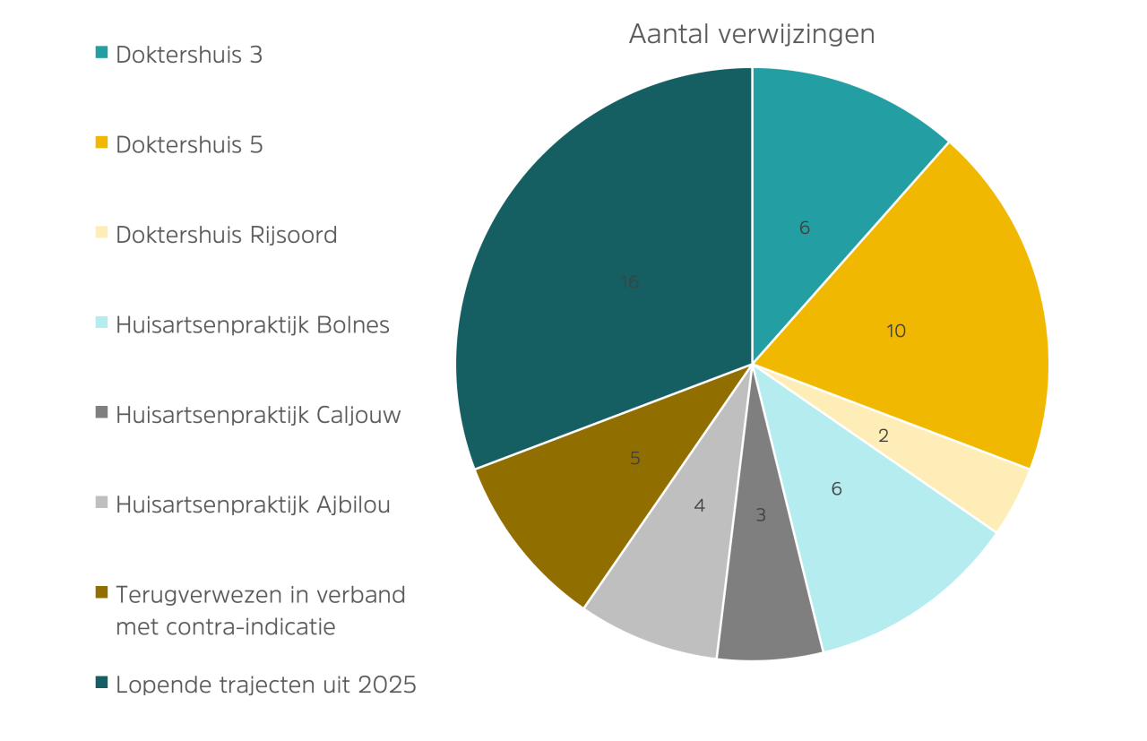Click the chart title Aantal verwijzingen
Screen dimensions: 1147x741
(x=752, y=35)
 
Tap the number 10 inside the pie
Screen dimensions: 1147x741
(x=896, y=331)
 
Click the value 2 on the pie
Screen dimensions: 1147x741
(x=884, y=435)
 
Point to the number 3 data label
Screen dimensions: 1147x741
(x=761, y=515)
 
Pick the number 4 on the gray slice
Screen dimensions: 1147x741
(x=700, y=506)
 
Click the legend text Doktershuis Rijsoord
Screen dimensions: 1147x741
(x=227, y=235)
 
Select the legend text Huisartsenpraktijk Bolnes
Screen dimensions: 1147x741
(x=253, y=325)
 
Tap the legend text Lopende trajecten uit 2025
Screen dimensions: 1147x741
(x=266, y=685)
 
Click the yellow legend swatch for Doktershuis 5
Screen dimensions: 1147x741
(x=101, y=142)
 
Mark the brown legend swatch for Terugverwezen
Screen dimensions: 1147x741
(x=101, y=592)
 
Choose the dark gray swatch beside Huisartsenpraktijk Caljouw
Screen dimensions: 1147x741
(x=101, y=412)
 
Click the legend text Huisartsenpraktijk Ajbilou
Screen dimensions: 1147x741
(x=253, y=505)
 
